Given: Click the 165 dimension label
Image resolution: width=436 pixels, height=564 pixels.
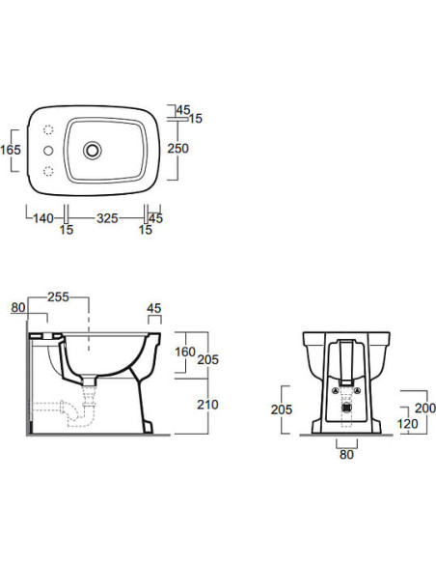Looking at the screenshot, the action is (11, 150).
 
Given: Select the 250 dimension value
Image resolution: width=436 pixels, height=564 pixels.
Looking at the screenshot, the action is (177, 148).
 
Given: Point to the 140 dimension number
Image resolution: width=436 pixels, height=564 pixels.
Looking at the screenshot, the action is (43, 218).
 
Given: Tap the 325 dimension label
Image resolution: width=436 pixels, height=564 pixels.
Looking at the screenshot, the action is (107, 218).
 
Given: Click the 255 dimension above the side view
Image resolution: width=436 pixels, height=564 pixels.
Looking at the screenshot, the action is (58, 296).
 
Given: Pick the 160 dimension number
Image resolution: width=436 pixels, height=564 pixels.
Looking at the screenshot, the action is (185, 352).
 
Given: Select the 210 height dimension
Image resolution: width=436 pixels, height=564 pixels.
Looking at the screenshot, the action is (207, 405).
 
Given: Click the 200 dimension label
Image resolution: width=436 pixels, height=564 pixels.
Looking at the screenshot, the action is (425, 408).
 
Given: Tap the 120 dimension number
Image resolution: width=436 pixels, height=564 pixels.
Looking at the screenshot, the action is (408, 424).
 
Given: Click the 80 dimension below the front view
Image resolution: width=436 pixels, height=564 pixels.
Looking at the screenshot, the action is (346, 454).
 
